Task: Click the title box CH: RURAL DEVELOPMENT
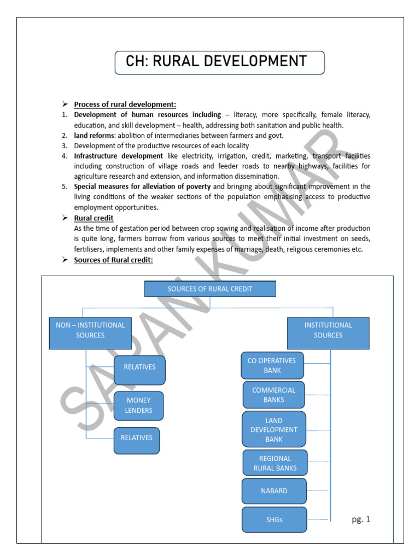(x=219, y=62)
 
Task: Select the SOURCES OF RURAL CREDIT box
(x=210, y=289)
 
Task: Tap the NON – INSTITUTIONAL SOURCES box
(x=90, y=332)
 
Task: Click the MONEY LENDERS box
(x=139, y=406)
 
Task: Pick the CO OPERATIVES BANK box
(x=272, y=365)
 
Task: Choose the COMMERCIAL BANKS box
(x=273, y=395)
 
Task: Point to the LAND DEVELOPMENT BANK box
(x=274, y=429)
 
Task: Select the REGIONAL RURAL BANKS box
(x=275, y=463)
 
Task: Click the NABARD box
(x=274, y=491)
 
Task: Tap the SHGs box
(x=274, y=520)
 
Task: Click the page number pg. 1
(x=361, y=520)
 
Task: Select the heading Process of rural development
(x=125, y=104)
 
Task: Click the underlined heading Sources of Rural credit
(x=114, y=260)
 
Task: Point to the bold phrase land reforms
(x=95, y=136)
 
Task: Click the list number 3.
(x=64, y=146)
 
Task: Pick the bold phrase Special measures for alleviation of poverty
(x=142, y=186)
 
